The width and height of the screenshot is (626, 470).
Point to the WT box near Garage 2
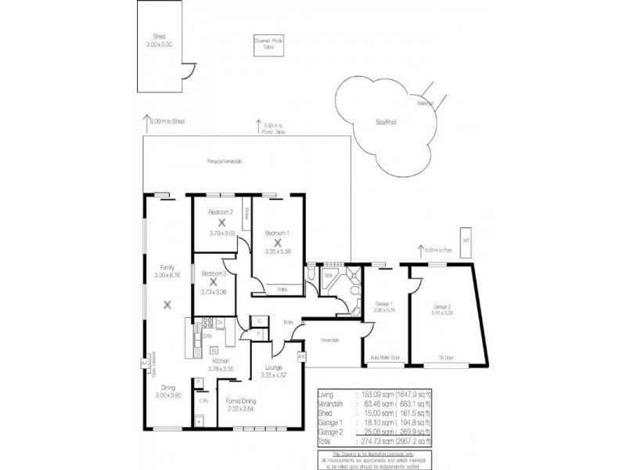pyautogui.click(x=466, y=239)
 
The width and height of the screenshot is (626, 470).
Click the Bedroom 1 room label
pyautogui.click(x=278, y=233)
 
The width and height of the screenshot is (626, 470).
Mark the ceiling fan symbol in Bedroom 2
pyautogui.click(x=222, y=222)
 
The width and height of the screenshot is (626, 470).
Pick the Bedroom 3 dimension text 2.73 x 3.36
pyautogui.click(x=213, y=291)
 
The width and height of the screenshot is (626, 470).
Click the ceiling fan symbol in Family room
pyautogui.click(x=167, y=305)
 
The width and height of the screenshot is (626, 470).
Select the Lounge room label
pyautogui.click(x=274, y=367)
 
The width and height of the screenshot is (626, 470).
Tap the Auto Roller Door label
pyautogui.click(x=385, y=356)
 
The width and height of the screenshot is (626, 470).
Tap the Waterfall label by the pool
pyautogui.click(x=426, y=103)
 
